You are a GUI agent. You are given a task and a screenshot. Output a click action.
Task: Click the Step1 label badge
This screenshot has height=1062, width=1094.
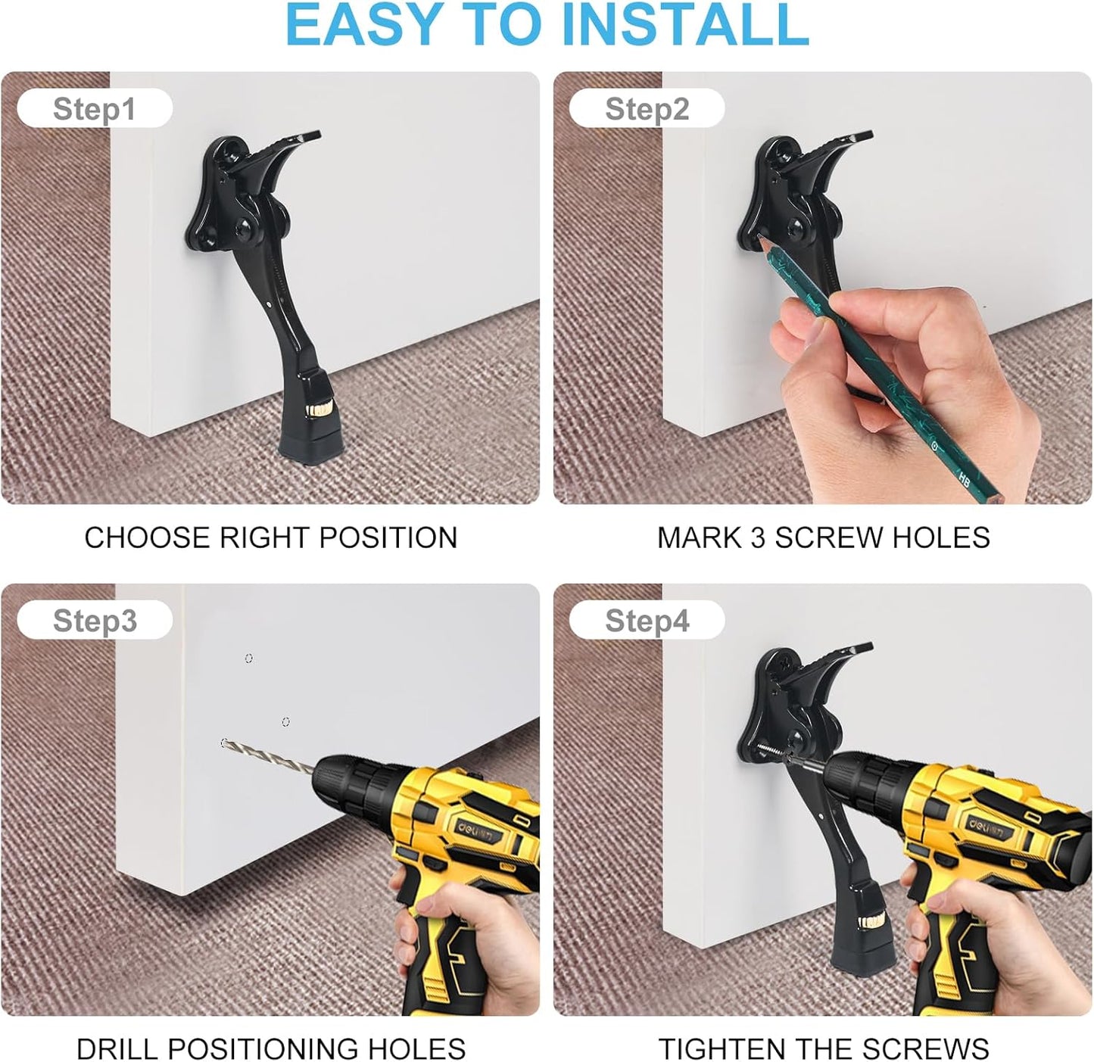(x=95, y=109)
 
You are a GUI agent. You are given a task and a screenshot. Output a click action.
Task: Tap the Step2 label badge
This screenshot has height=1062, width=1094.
(x=647, y=109)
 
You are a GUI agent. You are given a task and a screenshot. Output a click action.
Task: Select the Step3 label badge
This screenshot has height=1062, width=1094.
(x=95, y=621)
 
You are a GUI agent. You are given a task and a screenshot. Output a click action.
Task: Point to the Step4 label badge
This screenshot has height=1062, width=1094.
(x=647, y=621)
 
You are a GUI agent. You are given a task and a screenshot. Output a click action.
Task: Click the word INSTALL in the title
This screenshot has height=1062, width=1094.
(x=686, y=24)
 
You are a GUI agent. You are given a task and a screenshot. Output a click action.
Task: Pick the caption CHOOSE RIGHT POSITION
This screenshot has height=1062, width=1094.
(x=270, y=537)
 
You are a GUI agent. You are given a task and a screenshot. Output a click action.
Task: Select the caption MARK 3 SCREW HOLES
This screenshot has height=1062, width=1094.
(x=823, y=537)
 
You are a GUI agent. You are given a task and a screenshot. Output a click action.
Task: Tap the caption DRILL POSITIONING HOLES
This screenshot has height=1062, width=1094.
(x=270, y=1049)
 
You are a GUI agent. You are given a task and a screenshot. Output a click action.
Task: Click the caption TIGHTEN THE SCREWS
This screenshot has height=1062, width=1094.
(x=823, y=1049)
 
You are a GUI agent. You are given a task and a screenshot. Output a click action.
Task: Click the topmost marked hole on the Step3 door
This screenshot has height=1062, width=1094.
(x=249, y=659)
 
